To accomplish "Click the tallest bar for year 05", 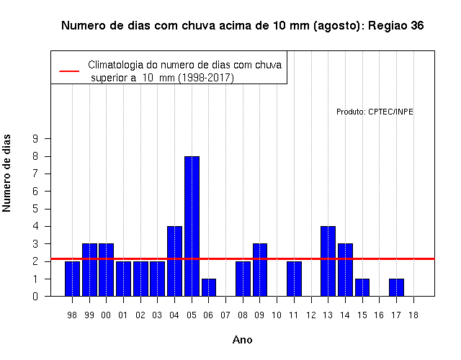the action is point(192,226).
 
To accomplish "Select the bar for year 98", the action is point(72,279).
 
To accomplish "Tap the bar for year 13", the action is point(328,261).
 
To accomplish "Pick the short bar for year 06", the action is point(209,287).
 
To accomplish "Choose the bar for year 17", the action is point(396,287).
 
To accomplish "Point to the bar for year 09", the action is point(260,270).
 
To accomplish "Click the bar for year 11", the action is point(294,279).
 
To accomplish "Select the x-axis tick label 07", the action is point(225,315).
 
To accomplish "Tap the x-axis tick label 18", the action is point(413,315).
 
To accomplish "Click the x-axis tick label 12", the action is point(311,315).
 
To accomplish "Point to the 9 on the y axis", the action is point(35,138).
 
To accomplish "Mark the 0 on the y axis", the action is point(35,296).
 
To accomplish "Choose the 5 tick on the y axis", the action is point(35,209).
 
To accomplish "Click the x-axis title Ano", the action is point(242,340).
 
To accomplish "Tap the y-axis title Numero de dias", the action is point(6,173).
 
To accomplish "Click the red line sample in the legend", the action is point(69,71).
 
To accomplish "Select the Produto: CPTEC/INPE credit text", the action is point(375,112).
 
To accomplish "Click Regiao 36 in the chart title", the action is point(395,26).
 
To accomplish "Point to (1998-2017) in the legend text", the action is point(206,78).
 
